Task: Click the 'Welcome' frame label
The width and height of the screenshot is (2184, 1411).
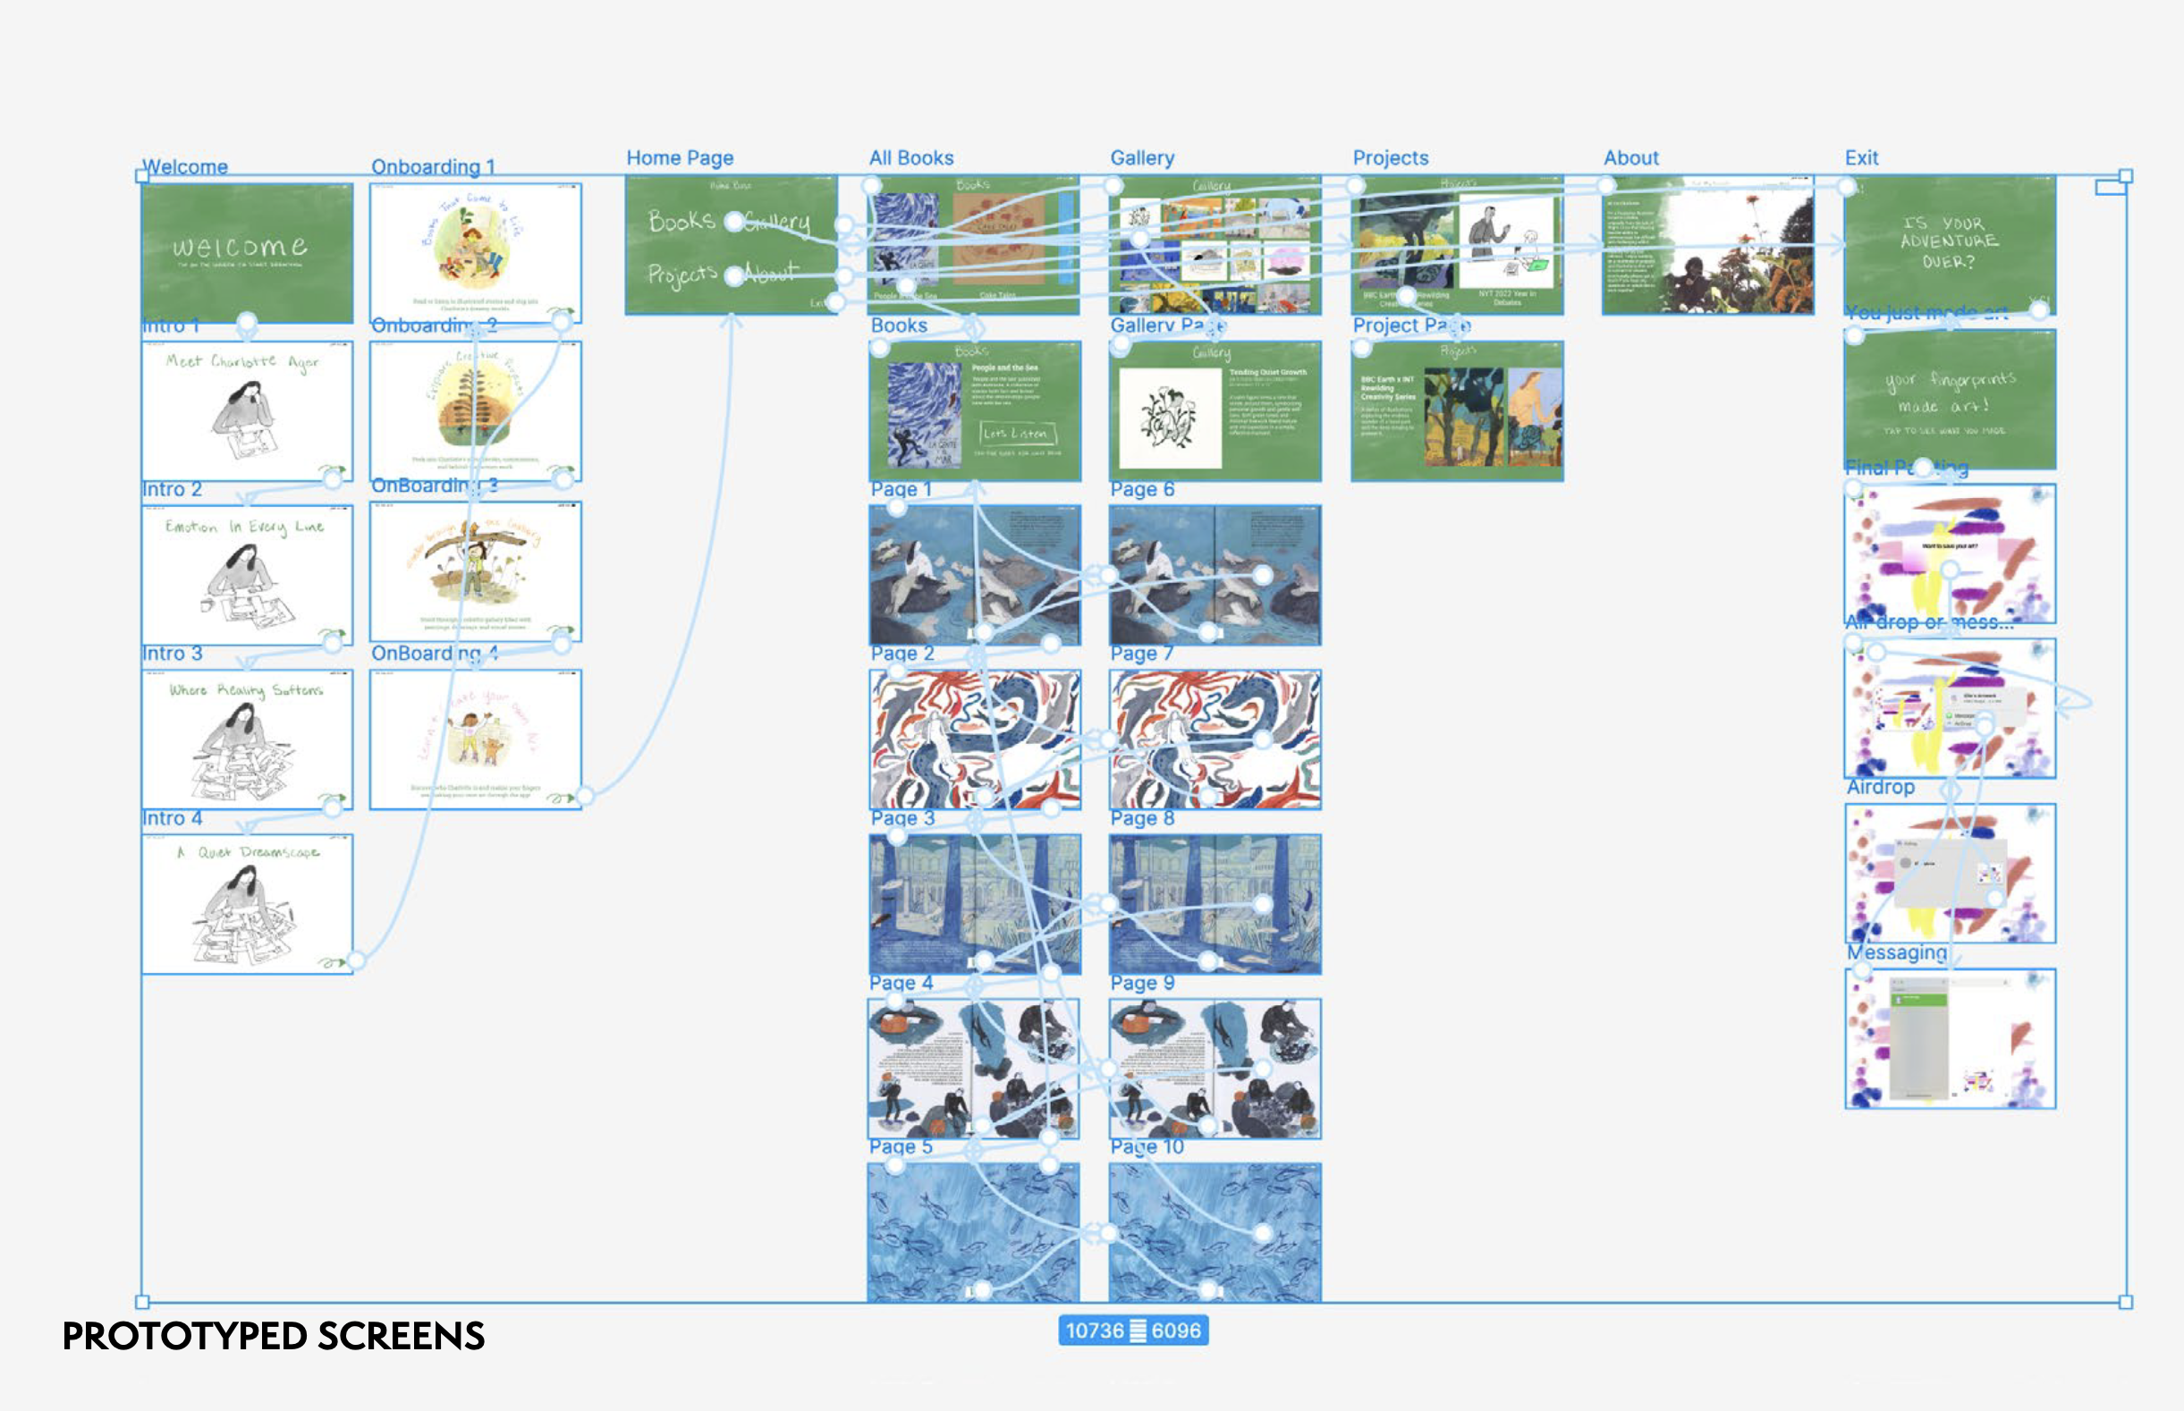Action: point(185,166)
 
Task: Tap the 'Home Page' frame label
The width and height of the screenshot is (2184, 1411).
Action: point(679,157)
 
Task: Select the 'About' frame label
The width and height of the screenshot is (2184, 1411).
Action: point(1630,157)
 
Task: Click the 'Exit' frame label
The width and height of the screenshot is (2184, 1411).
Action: point(1860,157)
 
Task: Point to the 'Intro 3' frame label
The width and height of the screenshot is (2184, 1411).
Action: point(173,654)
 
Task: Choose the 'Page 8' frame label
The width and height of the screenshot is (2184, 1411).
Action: point(1141,818)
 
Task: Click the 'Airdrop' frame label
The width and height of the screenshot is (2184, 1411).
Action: point(1880,787)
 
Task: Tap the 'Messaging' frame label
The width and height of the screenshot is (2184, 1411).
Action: point(1896,952)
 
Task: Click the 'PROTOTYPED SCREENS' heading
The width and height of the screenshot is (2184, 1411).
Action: point(273,1336)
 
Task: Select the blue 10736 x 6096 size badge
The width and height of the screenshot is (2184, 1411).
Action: point(1133,1331)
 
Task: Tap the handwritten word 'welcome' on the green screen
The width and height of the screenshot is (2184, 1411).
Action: point(240,247)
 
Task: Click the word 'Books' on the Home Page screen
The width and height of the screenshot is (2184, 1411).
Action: point(681,220)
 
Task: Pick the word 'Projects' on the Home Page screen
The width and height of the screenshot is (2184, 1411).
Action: point(681,274)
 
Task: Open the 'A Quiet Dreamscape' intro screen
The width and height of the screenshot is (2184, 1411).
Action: point(248,903)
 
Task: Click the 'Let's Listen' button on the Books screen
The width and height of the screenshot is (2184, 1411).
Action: point(1016,433)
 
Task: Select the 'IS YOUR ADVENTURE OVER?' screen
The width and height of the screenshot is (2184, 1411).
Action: point(1949,244)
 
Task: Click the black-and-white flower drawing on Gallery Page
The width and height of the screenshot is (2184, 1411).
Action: point(1169,418)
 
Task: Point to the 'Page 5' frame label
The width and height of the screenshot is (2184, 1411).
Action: point(900,1146)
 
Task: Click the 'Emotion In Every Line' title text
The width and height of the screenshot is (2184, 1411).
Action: point(244,527)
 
